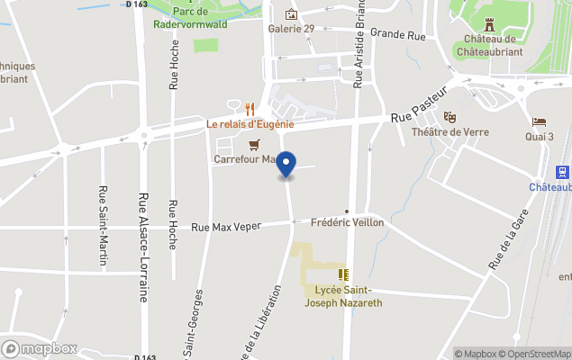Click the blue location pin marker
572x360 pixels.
click(286, 166)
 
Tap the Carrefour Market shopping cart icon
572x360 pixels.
click(256, 145)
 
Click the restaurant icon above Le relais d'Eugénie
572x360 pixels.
click(250, 110)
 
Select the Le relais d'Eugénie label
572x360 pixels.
click(250, 124)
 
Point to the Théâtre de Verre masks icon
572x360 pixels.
click(449, 117)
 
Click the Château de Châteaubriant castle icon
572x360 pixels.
click(489, 24)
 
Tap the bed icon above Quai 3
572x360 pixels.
click(539, 122)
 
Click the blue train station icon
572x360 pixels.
click(562, 172)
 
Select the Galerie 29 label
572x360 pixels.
click(291, 29)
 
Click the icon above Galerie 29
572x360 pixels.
click(291, 14)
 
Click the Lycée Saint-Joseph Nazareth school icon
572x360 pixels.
click(343, 274)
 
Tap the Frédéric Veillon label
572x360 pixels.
click(347, 222)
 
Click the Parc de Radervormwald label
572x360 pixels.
click(189, 18)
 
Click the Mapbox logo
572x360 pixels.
click(40, 348)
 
